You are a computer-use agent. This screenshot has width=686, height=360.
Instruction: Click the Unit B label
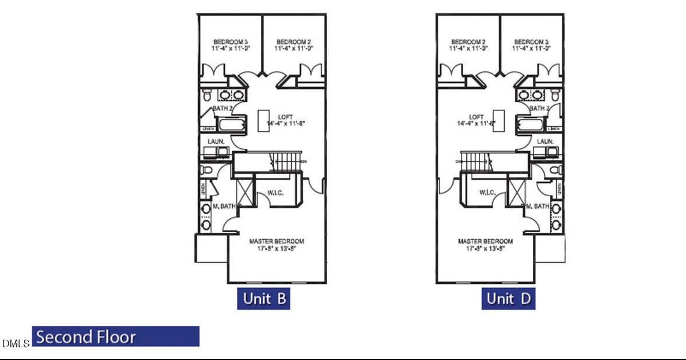263,298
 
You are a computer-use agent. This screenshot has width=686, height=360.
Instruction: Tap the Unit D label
508,298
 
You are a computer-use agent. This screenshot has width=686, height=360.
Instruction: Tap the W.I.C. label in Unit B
275,192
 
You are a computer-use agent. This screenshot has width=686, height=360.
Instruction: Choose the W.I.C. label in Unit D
487,192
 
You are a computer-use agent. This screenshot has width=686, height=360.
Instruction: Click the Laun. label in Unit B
216,141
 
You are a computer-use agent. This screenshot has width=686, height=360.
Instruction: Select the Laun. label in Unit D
546,141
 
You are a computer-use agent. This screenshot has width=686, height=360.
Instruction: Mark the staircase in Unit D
475,161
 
